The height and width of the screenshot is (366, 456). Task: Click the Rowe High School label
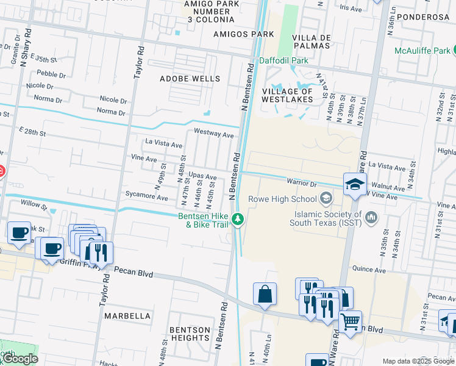coord(282,199)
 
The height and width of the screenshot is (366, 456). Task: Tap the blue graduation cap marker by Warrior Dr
coord(355,184)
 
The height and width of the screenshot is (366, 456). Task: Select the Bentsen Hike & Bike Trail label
coord(203,220)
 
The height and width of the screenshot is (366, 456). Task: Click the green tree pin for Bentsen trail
coord(240,219)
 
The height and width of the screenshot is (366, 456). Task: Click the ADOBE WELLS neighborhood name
coord(190,79)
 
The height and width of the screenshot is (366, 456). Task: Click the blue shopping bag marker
coord(265,294)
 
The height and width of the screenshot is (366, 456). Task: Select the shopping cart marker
coord(350,321)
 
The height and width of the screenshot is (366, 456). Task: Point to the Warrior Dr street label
coord(302,183)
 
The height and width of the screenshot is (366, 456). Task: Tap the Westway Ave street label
coord(213,133)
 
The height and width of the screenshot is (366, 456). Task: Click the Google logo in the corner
coord(20,359)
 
